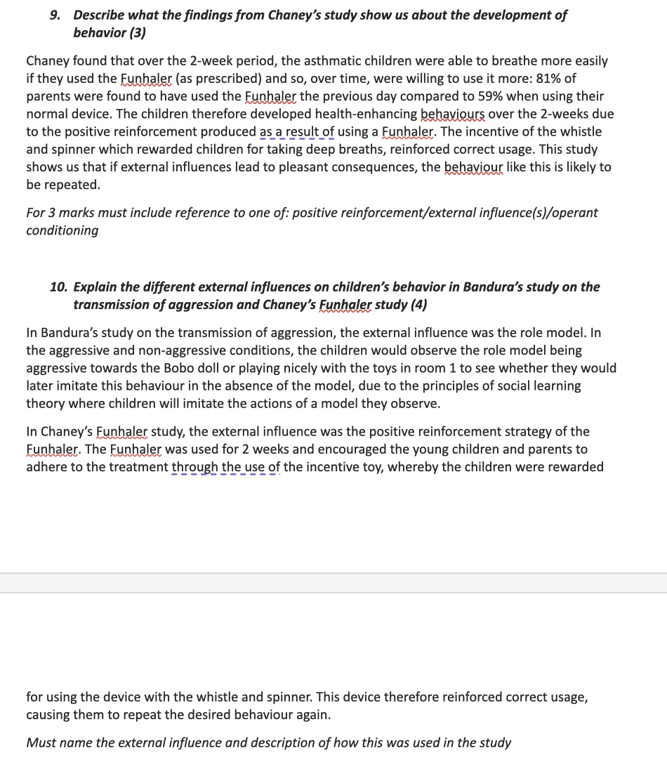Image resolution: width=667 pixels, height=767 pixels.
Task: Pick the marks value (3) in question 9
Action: tap(136, 33)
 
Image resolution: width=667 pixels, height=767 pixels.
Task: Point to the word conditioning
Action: tap(62, 230)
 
